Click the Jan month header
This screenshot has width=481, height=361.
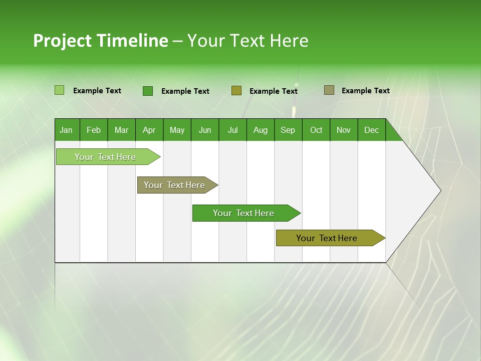pyautogui.click(x=66, y=130)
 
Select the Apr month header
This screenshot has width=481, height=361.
pyautogui.click(x=149, y=130)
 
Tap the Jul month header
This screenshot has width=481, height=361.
pyautogui.click(x=232, y=130)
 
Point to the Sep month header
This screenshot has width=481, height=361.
pyautogui.click(x=288, y=130)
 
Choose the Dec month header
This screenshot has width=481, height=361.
pyautogui.click(x=371, y=130)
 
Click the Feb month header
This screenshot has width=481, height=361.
pyautogui.click(x=94, y=130)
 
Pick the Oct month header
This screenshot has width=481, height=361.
pyautogui.click(x=316, y=130)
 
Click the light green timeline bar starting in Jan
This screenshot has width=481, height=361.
pyautogui.click(x=105, y=157)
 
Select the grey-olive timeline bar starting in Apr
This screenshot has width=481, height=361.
pyautogui.click(x=174, y=185)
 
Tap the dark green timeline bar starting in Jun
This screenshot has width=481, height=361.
pyautogui.click(x=244, y=213)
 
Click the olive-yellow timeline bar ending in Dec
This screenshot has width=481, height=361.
pyautogui.click(x=327, y=238)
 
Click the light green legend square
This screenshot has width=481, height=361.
pyautogui.click(x=59, y=90)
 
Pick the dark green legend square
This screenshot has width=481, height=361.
pyautogui.click(x=147, y=91)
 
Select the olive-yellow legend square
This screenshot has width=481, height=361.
pyautogui.click(x=236, y=90)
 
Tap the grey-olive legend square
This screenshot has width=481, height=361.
pyautogui.click(x=329, y=90)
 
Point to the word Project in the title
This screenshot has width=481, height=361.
pyautogui.click(x=62, y=41)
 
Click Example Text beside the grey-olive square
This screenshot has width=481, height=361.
pyautogui.click(x=365, y=91)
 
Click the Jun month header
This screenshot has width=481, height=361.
pyautogui.click(x=205, y=130)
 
